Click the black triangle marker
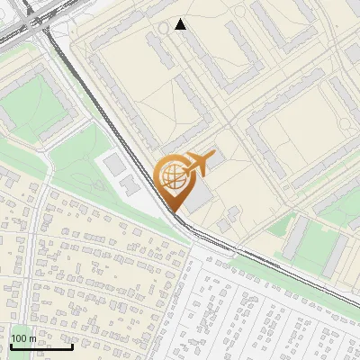pyautogui.click(x=181, y=24)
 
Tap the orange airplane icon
pyautogui.click(x=199, y=163)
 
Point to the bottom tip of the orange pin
pyautogui.click(x=174, y=211)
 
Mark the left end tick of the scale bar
pyautogui.click(x=12, y=346)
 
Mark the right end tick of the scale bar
pyautogui.click(x=72, y=346)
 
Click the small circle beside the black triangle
pyautogui.click(x=163, y=27)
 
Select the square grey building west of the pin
pyautogui.click(x=114, y=165)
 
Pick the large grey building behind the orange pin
pyautogui.click(x=200, y=198)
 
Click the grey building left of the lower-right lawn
pyautogui.click(x=294, y=236)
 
